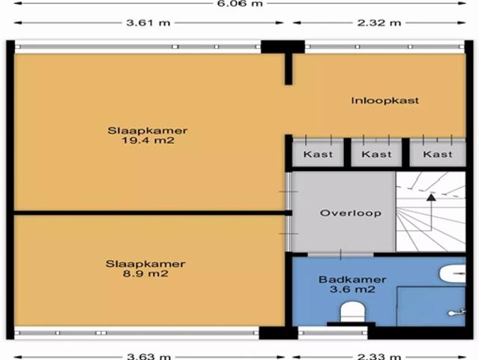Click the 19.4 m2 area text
point(147,140)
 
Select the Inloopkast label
point(385,100)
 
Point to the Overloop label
point(351,213)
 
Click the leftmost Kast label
point(318,154)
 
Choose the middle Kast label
point(376,154)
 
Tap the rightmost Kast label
point(438,154)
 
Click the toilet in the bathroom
point(351,310)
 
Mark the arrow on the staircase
point(431,199)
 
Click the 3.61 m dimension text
point(146,22)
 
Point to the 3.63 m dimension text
point(147,354)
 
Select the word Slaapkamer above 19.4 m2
point(147,130)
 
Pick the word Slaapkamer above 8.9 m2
point(145,264)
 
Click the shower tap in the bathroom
point(453,312)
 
